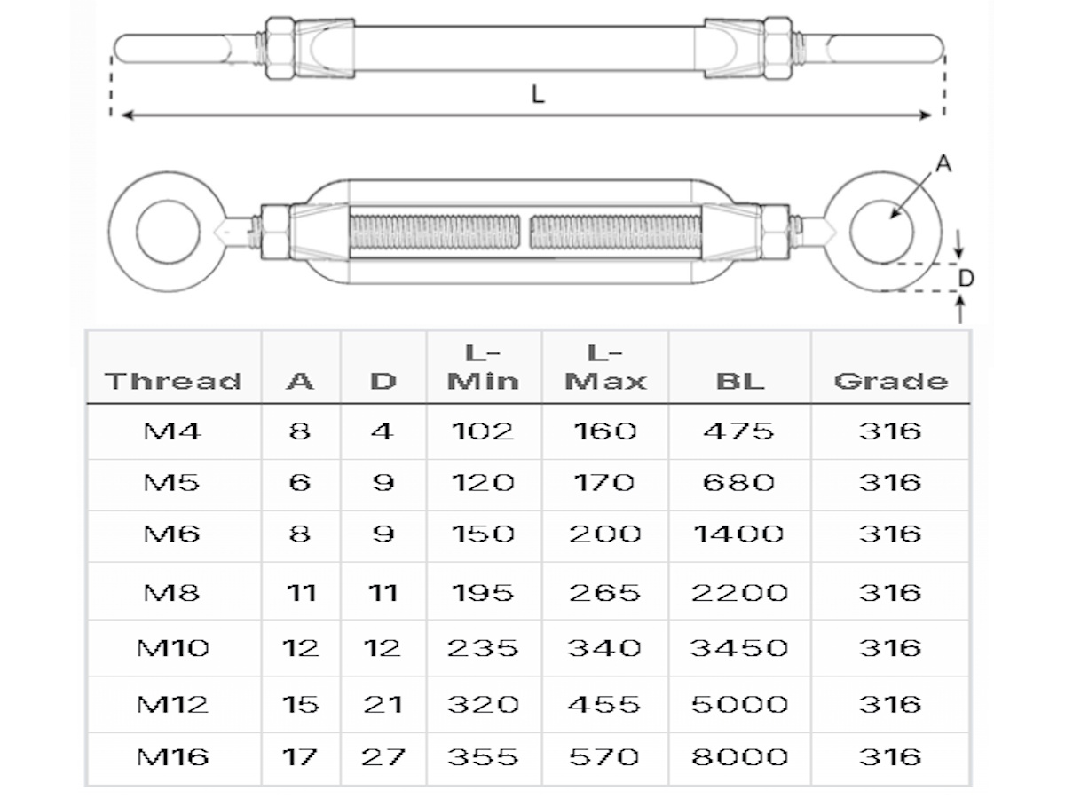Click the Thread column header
[x=173, y=381]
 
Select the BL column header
[x=739, y=381]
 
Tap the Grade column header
[x=890, y=381]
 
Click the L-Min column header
[x=483, y=367]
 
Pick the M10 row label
[x=173, y=647]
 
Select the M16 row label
[x=173, y=757]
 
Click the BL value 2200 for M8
[x=739, y=592]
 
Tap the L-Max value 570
[x=604, y=757]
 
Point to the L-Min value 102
[x=483, y=431]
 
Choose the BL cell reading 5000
[x=739, y=704]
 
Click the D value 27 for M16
[x=383, y=757]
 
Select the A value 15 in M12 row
[x=300, y=704]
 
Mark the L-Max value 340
[x=604, y=647]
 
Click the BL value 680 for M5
[x=739, y=482]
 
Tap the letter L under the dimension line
[x=538, y=95]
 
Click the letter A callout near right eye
[x=943, y=164]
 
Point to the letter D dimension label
[x=966, y=278]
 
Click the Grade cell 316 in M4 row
[x=890, y=431]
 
